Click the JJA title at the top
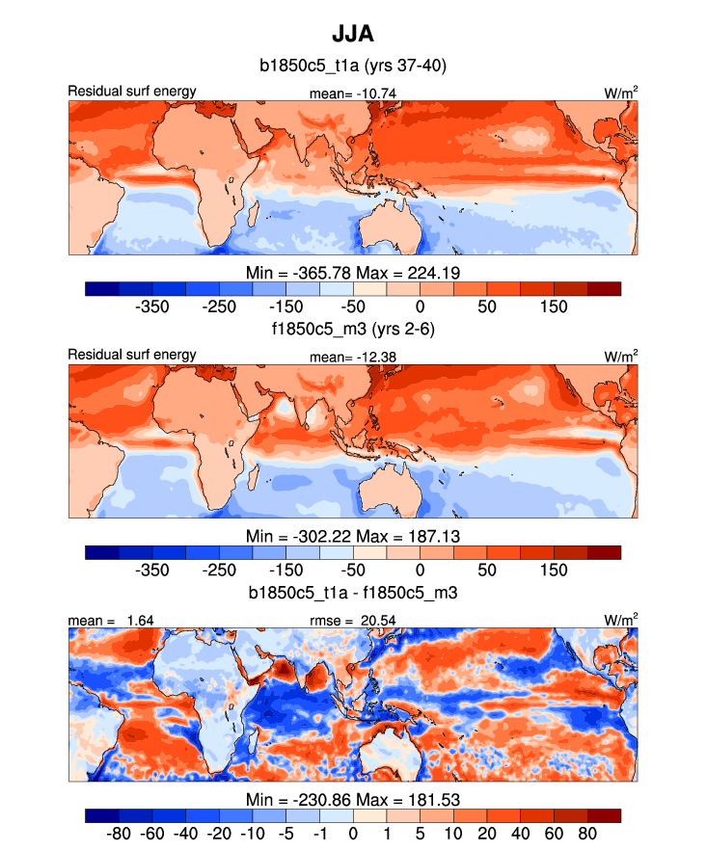pyautogui.click(x=352, y=35)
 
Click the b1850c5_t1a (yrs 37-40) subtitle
pyautogui.click(x=352, y=66)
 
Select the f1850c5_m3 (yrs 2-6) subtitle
pyautogui.click(x=352, y=330)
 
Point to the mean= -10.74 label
pyautogui.click(x=353, y=93)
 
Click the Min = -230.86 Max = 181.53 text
pyautogui.click(x=352, y=797)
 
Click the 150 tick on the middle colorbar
pyautogui.click(x=554, y=570)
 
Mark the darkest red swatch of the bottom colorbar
pyautogui.click(x=604, y=815)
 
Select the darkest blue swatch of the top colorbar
pyautogui.click(x=101, y=288)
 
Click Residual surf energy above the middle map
pyautogui.click(x=131, y=355)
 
